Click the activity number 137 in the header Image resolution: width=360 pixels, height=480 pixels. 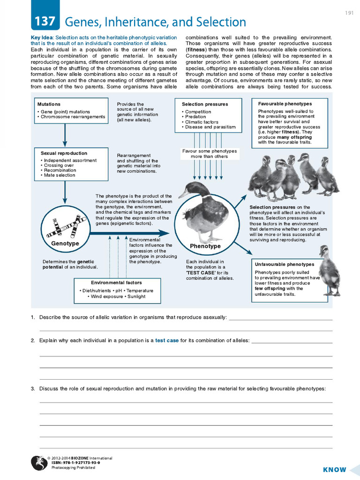click(x=45, y=21)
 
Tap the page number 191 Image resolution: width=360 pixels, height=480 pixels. click(x=349, y=13)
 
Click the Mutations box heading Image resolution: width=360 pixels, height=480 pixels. click(x=49, y=104)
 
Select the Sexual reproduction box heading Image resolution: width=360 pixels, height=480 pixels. click(x=64, y=153)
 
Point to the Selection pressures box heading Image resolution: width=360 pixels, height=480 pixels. click(x=205, y=104)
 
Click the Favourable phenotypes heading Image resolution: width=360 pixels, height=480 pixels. click(x=285, y=104)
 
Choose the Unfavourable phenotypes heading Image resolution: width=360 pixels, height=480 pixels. click(x=285, y=264)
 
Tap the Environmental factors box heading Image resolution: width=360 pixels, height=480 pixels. click(x=116, y=283)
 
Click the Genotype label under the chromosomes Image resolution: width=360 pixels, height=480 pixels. click(x=65, y=244)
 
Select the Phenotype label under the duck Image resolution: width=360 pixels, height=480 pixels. click(x=205, y=246)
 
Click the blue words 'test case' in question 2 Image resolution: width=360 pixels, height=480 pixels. click(x=167, y=340)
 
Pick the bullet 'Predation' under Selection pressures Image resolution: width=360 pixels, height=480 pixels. click(x=195, y=117)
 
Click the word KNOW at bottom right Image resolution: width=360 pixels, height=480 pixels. click(x=335, y=470)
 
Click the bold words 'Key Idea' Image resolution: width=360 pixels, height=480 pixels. click(x=42, y=37)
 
